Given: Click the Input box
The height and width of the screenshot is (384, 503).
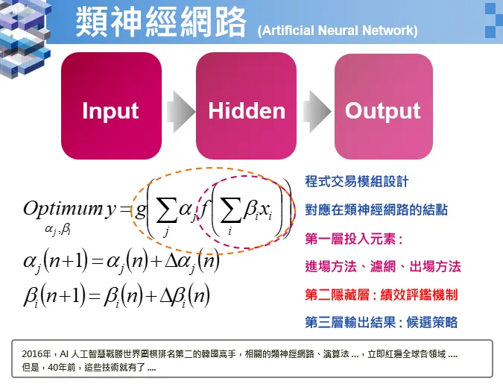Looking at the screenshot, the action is coord(111,106).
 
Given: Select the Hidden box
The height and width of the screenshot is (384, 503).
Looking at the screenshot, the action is coord(246,106).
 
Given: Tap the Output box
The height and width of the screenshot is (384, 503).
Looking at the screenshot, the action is coord(383,107).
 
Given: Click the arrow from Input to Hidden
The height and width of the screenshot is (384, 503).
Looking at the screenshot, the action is coord(180,112).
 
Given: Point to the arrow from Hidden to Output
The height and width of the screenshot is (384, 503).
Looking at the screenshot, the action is coord(317,112).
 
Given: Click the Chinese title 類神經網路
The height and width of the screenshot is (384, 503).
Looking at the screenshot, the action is coord(161,22).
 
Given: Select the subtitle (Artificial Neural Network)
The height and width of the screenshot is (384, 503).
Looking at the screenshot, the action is coord(338,31).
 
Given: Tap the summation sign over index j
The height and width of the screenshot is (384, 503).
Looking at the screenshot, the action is coord(166,210).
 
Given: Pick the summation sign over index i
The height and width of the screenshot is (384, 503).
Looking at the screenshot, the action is coord(231,210).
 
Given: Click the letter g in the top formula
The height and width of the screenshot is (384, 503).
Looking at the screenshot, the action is coord(141,211).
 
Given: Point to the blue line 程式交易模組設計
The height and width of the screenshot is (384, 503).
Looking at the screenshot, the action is coord(357,182).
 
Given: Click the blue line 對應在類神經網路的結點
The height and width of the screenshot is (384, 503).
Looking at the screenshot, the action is coord(376,210).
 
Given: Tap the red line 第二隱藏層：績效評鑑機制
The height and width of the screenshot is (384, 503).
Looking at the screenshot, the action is coord(381,295).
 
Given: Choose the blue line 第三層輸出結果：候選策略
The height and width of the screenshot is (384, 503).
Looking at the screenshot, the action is coord(381,322).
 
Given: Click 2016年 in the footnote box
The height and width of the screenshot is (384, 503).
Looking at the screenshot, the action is coord(37,354).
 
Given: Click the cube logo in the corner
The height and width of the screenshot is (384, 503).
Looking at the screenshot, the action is coord(25,38).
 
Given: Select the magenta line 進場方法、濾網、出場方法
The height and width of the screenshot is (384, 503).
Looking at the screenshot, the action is coord(383,266).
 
